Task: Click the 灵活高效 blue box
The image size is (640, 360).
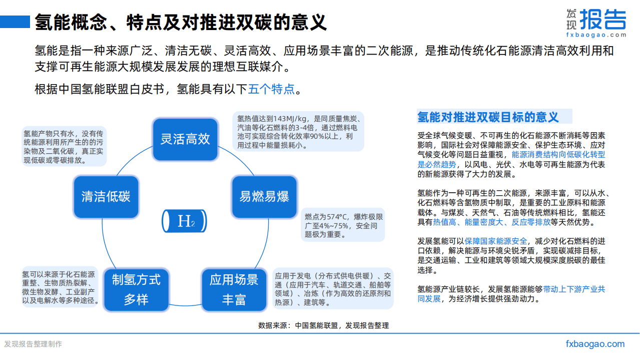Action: [185, 139]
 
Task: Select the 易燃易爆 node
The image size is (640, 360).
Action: [264, 196]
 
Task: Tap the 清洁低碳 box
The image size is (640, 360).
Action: [106, 196]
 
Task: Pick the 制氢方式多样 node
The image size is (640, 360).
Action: [136, 289]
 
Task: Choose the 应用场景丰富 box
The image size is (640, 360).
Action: [234, 289]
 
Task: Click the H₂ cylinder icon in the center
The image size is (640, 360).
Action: [185, 221]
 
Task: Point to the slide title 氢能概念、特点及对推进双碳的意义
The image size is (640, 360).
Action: [181, 22]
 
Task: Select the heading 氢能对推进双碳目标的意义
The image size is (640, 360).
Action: [488, 117]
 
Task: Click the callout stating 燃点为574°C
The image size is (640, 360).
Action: [344, 225]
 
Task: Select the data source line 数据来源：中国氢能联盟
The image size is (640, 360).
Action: [323, 325]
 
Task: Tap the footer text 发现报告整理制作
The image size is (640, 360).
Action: [33, 344]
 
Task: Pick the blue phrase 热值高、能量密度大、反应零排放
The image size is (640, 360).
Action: [491, 222]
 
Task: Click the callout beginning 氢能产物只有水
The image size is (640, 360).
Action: [64, 147]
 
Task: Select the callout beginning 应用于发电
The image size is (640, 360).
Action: [333, 289]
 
